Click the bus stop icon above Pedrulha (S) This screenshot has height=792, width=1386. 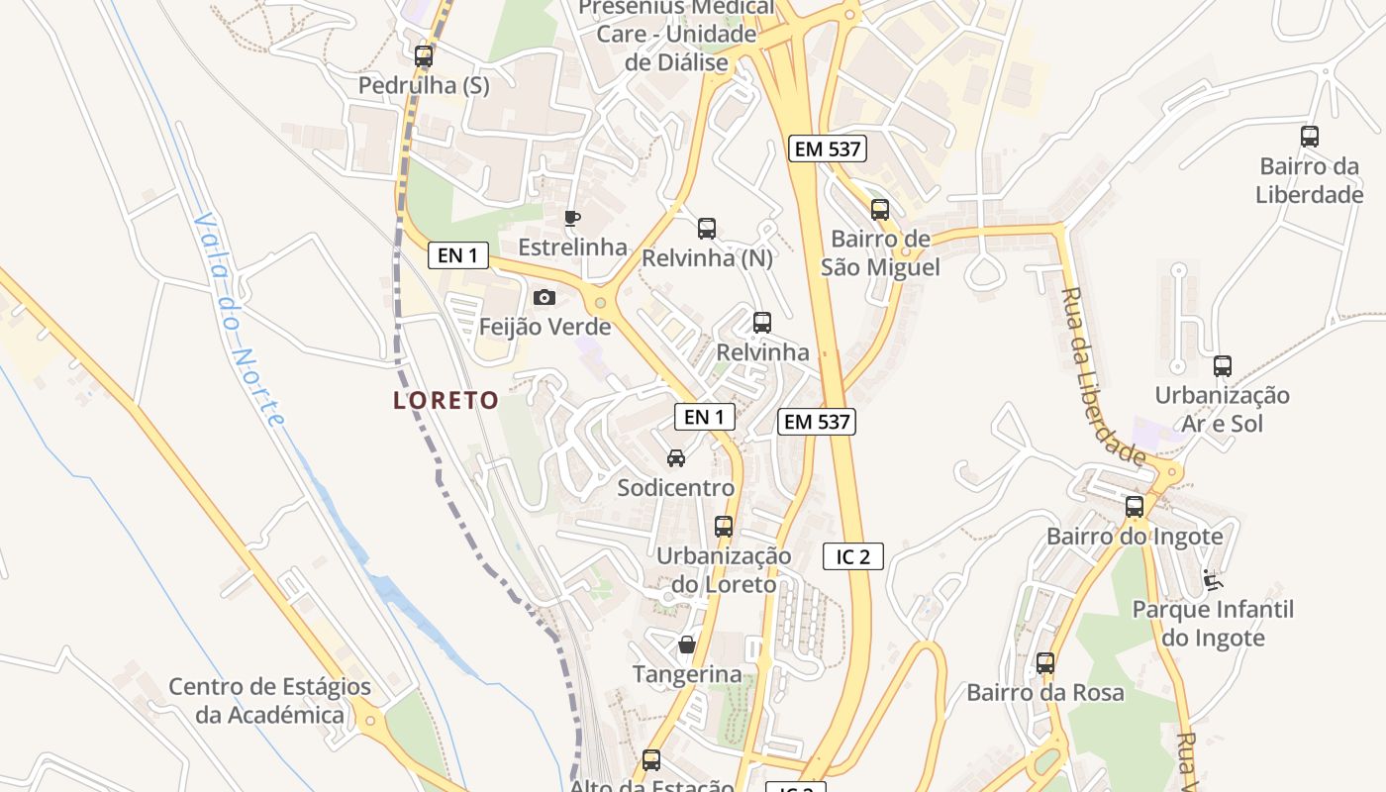(x=424, y=56)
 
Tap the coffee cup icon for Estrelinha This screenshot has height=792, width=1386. (x=571, y=218)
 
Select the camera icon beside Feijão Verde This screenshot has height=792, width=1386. (x=544, y=297)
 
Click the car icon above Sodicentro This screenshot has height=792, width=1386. (x=676, y=458)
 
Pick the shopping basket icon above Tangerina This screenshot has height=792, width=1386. (x=687, y=645)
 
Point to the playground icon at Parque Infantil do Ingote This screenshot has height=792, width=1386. (x=1211, y=578)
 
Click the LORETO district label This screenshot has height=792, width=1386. (x=445, y=400)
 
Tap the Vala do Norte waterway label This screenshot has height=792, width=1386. (x=241, y=319)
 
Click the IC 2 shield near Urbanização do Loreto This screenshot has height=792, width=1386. (x=852, y=556)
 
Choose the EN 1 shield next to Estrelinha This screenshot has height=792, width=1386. (x=457, y=255)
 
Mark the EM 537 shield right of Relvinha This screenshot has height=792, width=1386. (x=816, y=422)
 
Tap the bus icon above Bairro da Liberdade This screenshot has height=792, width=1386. (x=1310, y=137)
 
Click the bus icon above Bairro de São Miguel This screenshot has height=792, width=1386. (x=880, y=210)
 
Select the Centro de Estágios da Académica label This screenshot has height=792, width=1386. (x=269, y=700)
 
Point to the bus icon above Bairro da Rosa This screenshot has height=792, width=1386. (x=1045, y=663)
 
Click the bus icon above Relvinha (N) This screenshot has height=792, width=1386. (x=707, y=229)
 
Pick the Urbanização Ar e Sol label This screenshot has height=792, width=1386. (x=1223, y=409)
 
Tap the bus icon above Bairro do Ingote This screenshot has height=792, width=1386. (x=1135, y=507)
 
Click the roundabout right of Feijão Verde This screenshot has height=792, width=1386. (x=599, y=302)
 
